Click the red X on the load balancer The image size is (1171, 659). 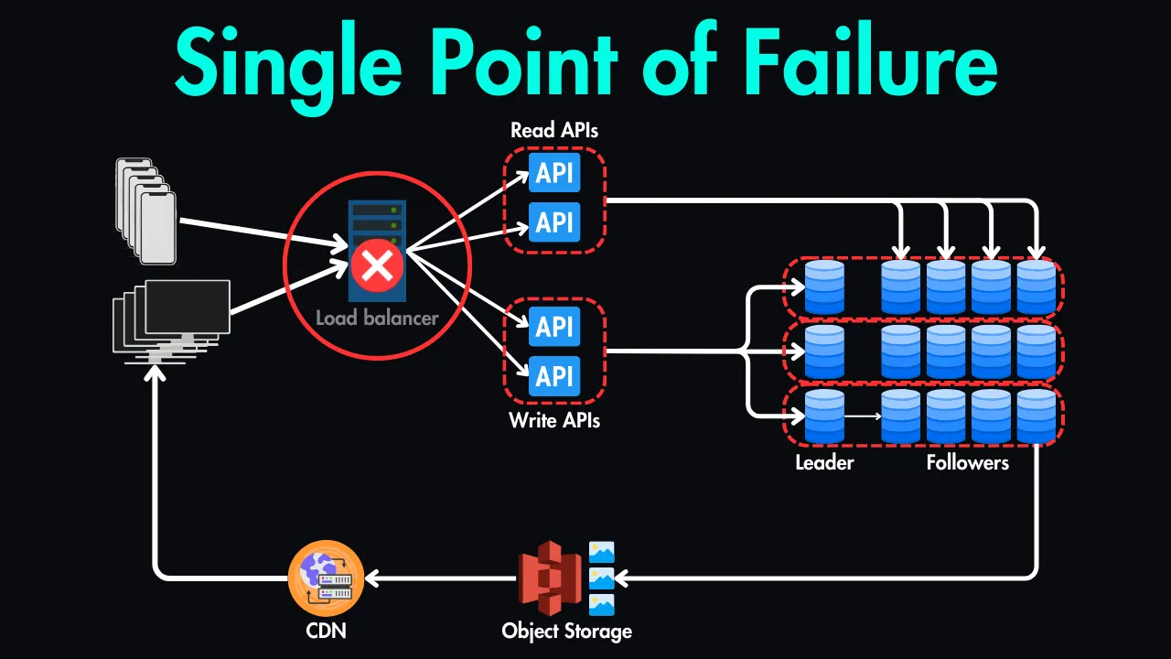pos(377,267)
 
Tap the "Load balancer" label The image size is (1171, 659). pos(377,319)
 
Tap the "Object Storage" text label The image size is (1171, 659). pos(566,631)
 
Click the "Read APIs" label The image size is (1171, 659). pos(554,130)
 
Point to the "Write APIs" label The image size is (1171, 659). pos(554,421)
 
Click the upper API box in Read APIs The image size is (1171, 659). pos(554,173)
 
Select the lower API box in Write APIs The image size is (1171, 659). pos(554,375)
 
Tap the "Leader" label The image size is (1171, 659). pos(824,462)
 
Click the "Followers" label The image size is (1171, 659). pos(967,462)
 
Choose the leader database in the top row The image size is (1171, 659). pos(824,287)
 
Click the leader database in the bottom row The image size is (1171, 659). pos(824,416)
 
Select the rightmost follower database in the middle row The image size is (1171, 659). pos(1036,352)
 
